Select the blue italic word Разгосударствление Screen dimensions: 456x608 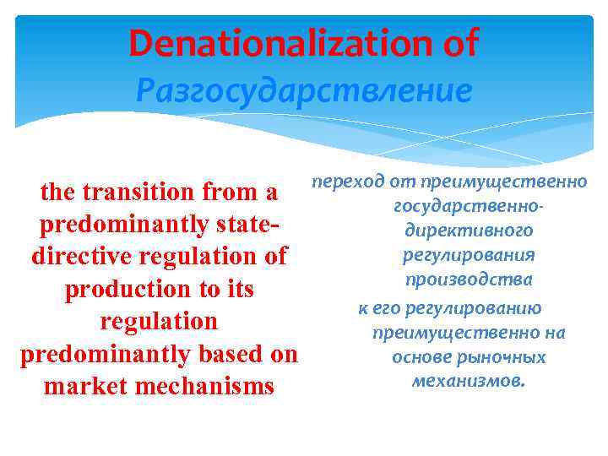pyautogui.click(x=304, y=90)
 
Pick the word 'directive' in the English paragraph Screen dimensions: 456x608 pyautogui.click(x=81, y=257)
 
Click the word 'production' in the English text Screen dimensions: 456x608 pyautogui.click(x=122, y=289)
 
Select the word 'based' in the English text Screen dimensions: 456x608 pyautogui.click(x=219, y=354)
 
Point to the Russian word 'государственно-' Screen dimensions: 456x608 pyautogui.click(x=468, y=206)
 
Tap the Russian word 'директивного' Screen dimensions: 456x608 pyautogui.click(x=469, y=231)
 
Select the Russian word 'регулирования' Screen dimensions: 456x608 pyautogui.click(x=469, y=255)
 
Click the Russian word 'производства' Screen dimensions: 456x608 pyautogui.click(x=469, y=280)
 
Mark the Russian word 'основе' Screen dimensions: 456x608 pyautogui.click(x=420, y=357)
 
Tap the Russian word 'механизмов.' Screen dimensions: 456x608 pyautogui.click(x=469, y=381)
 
